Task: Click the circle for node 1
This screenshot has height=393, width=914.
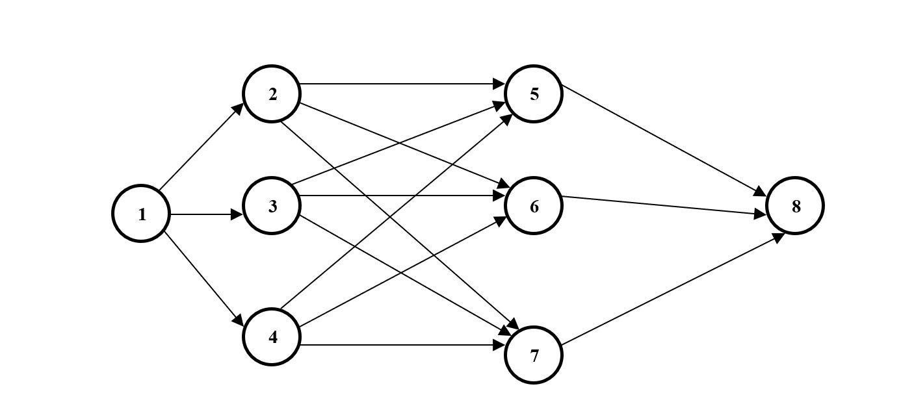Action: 142,214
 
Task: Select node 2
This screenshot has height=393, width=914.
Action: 272,94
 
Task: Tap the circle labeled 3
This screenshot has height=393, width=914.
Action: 272,207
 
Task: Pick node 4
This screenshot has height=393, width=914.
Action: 272,337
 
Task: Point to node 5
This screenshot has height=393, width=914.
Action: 534,94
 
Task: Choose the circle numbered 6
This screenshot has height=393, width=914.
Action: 534,207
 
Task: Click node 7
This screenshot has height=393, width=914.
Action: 534,355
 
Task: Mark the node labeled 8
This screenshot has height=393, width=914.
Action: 795,207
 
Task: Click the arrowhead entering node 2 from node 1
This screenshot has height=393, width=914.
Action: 239,108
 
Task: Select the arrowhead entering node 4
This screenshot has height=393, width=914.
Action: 238,322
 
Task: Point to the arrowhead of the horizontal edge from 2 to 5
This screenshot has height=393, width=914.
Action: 500,84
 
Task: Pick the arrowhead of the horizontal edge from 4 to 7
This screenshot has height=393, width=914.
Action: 500,344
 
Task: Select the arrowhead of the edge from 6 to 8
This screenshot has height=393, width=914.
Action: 761,214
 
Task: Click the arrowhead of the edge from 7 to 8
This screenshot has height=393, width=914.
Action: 778,237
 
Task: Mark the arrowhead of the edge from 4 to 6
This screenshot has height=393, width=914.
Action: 501,220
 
